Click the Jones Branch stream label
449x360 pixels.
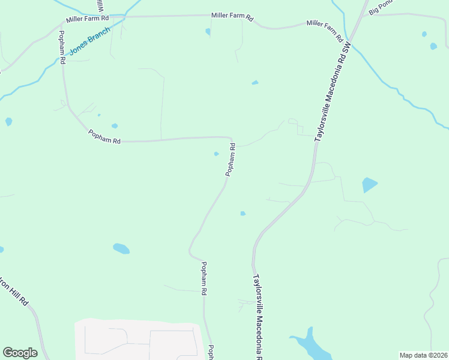[x=90, y=41]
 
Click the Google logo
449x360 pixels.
[x=20, y=353]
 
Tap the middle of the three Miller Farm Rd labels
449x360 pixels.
[x=232, y=17]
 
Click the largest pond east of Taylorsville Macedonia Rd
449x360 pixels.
[x=370, y=185]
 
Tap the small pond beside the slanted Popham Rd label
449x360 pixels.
[x=216, y=154]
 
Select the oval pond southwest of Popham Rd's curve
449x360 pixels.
[x=121, y=248]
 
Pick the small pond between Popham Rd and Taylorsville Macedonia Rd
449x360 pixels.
[x=243, y=213]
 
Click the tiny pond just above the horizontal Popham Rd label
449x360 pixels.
[x=114, y=126]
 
